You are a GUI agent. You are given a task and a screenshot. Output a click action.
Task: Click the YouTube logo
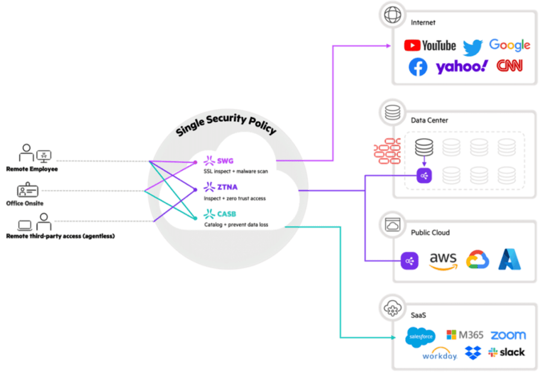429,45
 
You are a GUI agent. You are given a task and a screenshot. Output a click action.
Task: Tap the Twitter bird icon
473,47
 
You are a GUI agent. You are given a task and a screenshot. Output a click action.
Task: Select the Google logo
509,45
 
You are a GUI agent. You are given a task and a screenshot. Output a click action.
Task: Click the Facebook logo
418,67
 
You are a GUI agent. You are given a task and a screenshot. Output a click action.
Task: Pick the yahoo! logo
462,67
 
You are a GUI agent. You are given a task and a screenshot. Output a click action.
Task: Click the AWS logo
443,260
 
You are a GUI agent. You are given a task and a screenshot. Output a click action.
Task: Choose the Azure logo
510,259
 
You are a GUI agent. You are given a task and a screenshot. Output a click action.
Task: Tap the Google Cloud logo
477,260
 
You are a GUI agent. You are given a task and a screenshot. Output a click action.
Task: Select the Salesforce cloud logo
420,337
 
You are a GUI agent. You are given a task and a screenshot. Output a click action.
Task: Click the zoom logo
508,335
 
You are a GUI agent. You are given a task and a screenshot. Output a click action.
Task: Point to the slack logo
506,352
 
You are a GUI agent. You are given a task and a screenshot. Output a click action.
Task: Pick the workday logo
439,355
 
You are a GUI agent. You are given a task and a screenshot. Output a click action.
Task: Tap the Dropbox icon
473,352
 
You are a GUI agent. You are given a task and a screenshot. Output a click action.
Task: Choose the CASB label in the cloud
227,213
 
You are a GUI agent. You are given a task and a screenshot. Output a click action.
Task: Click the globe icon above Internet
392,15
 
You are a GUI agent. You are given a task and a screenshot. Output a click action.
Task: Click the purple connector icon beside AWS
409,260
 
